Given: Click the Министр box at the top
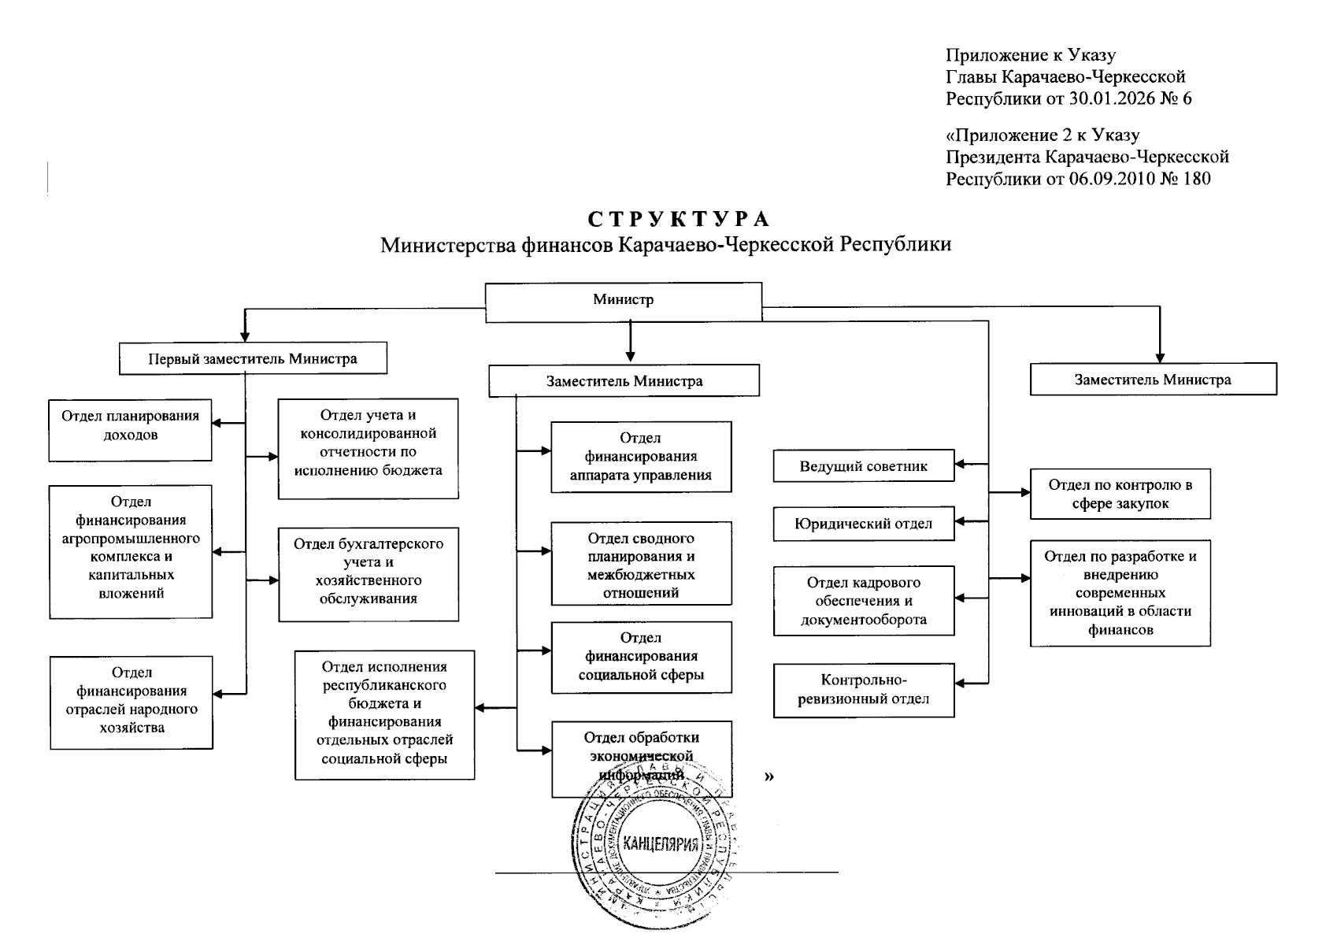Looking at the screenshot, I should tap(623, 302).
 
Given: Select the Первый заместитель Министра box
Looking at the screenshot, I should tap(253, 358).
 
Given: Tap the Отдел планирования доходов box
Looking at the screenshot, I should tap(130, 430).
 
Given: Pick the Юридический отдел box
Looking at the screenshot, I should tap(864, 524).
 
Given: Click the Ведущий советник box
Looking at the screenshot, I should tap(864, 466).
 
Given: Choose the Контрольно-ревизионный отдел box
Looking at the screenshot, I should tap(864, 690).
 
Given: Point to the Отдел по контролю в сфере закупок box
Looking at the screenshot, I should tap(1120, 495).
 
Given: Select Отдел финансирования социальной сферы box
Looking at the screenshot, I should tap(641, 657).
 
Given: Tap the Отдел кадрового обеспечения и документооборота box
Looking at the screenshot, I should tap(864, 601).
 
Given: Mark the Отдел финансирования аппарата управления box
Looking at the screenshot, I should tap(641, 457).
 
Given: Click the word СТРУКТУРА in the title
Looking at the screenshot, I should tap(679, 220).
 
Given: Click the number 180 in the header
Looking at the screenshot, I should tap(1196, 179).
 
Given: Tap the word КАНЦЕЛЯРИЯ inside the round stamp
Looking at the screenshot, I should tap(661, 845).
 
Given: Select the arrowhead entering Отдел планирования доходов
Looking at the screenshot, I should tap(217, 424).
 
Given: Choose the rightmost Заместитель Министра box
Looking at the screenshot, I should tap(1153, 379).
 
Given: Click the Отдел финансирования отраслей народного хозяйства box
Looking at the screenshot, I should tap(131, 702).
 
